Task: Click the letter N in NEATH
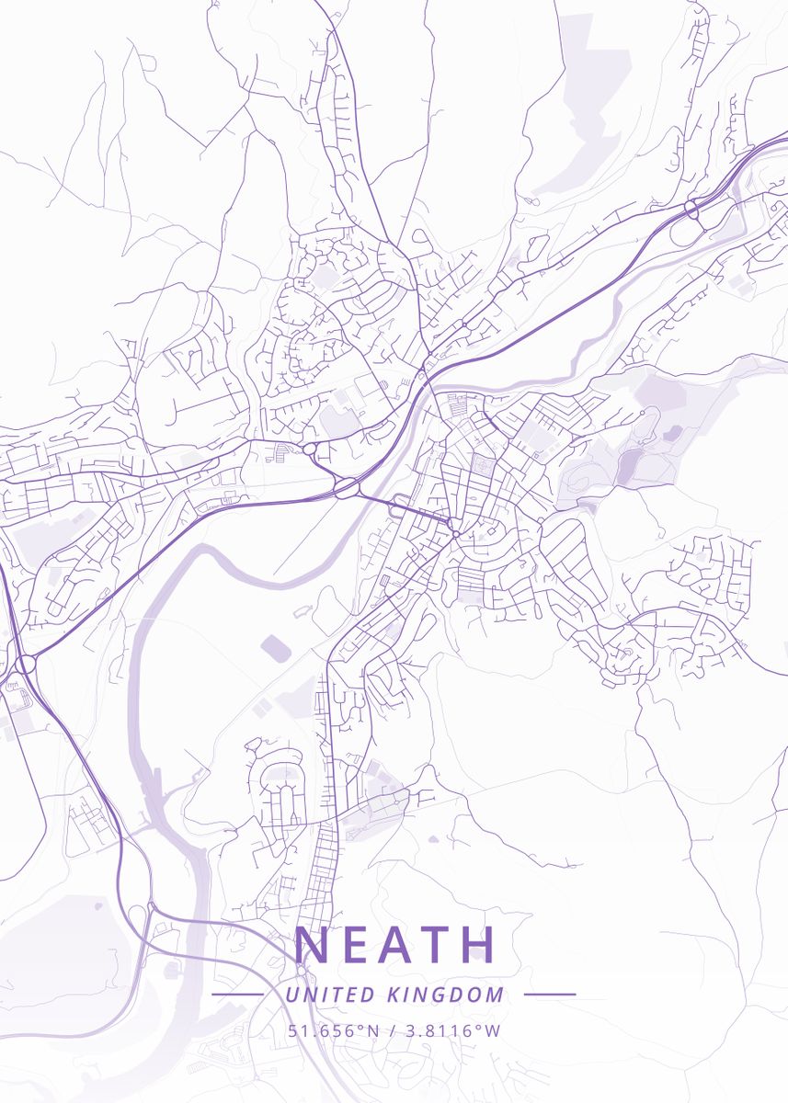click(312, 945)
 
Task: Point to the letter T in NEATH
click(435, 945)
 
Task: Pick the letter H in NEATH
click(477, 945)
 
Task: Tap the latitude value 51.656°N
click(334, 1030)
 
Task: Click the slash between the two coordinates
click(392, 1030)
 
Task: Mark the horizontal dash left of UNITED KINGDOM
click(237, 995)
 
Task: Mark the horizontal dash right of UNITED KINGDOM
click(550, 995)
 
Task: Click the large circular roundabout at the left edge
click(25, 664)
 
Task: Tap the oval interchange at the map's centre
click(347, 489)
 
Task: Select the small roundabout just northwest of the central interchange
click(310, 449)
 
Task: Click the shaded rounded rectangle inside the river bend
click(276, 648)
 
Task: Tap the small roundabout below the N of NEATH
click(301, 971)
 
